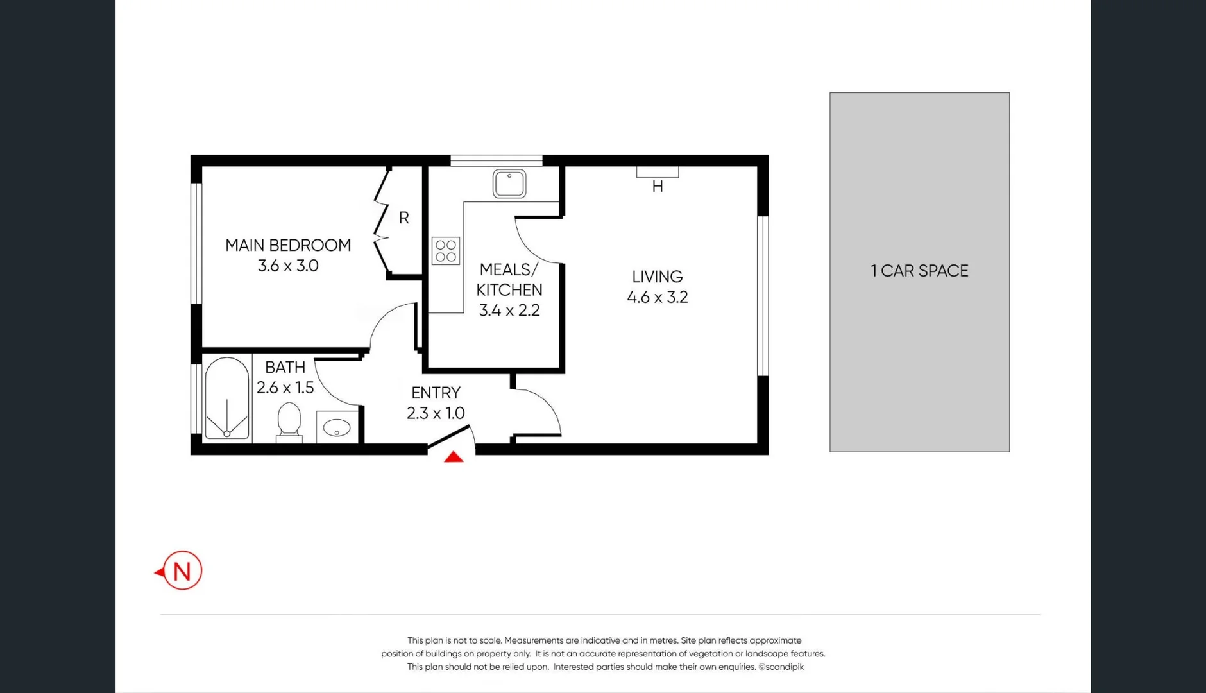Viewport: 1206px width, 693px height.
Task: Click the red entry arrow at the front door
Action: click(x=454, y=457)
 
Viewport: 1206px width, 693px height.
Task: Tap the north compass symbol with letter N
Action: click(x=182, y=570)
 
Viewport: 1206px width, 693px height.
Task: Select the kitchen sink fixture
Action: click(x=509, y=184)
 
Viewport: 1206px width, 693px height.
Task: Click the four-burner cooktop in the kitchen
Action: click(x=446, y=251)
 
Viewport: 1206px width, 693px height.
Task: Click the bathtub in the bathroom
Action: click(x=227, y=398)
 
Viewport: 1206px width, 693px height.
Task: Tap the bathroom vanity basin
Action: click(x=337, y=427)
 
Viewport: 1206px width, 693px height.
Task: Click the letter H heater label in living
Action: click(x=658, y=187)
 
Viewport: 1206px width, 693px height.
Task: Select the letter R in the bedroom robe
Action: click(x=403, y=218)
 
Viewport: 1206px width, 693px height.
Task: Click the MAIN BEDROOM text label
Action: click(x=288, y=245)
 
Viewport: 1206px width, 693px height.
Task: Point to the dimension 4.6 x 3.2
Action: click(x=658, y=297)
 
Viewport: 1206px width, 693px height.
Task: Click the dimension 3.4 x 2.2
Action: click(x=509, y=311)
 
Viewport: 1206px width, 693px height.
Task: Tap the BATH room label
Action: click(x=285, y=367)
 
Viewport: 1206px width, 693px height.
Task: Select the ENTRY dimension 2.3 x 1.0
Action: click(x=436, y=413)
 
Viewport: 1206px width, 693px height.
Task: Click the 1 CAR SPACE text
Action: click(x=919, y=271)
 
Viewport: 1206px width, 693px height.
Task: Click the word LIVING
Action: click(x=658, y=277)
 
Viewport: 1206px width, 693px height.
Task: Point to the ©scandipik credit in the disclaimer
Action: click(x=781, y=667)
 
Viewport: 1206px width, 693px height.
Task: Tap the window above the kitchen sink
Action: click(x=496, y=160)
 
